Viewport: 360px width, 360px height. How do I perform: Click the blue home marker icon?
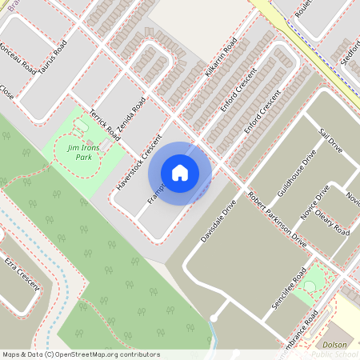(180, 172)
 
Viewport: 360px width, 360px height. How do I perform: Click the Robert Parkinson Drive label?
(277, 218)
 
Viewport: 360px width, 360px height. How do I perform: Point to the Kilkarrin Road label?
(221, 61)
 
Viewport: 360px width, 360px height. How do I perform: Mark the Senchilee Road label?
(289, 288)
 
